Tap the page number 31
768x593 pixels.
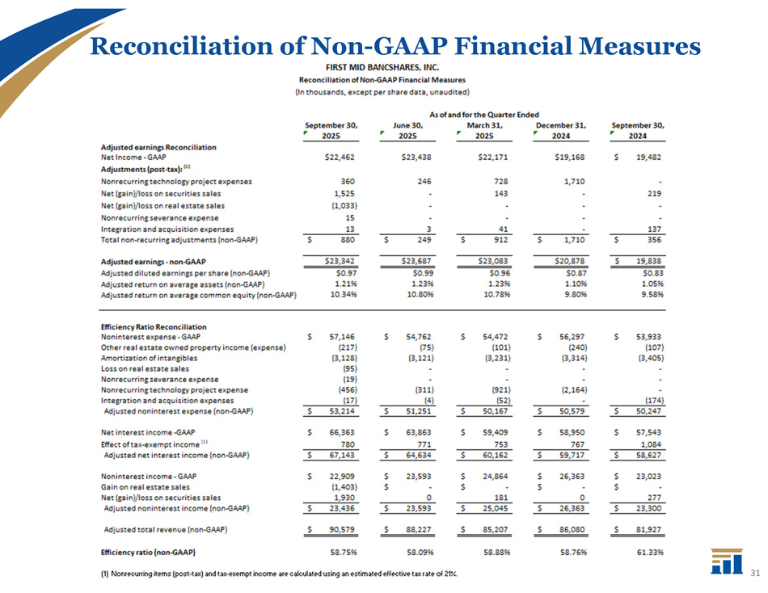[x=756, y=574]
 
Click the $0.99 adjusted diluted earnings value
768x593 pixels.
[x=421, y=273]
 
